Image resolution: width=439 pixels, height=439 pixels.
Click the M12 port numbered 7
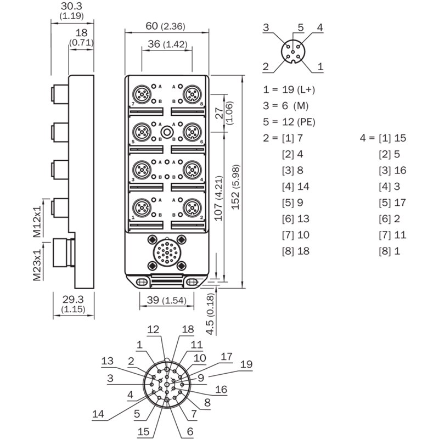142,94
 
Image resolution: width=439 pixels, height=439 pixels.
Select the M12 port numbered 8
192,94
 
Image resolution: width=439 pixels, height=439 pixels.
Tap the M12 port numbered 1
142,208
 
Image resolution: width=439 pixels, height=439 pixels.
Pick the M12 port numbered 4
192,170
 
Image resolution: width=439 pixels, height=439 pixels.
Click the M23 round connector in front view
167,252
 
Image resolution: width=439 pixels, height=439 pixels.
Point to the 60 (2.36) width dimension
166,26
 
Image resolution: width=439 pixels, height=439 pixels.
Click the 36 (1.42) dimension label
167,44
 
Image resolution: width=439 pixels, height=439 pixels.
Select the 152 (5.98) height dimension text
236,187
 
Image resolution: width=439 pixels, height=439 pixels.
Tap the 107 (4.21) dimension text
218,198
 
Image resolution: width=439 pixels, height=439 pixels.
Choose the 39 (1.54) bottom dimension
167,300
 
